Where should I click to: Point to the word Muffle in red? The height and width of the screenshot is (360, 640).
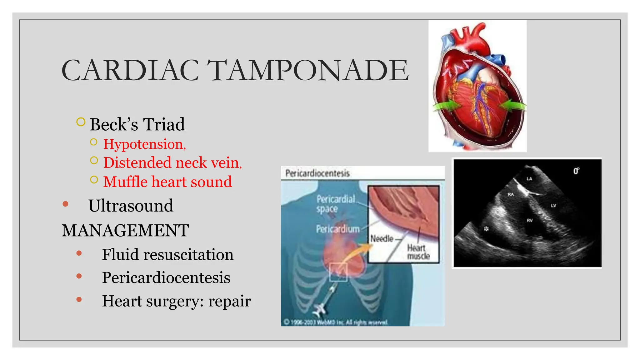pyautogui.click(x=125, y=182)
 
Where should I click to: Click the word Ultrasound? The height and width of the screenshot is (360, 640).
pyautogui.click(x=131, y=206)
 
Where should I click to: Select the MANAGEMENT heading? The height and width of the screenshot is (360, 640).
pyautogui.click(x=125, y=231)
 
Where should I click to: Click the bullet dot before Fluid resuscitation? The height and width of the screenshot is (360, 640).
pyautogui.click(x=79, y=253)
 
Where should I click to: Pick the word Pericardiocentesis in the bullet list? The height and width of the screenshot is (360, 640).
pyautogui.click(x=166, y=277)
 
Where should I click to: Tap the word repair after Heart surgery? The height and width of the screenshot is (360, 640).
pyautogui.click(x=230, y=301)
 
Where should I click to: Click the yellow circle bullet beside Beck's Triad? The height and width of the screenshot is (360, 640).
pyautogui.click(x=81, y=122)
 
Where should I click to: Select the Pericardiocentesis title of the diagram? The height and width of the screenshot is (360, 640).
pyautogui.click(x=317, y=173)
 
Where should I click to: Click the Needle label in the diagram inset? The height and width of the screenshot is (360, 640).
pyautogui.click(x=382, y=239)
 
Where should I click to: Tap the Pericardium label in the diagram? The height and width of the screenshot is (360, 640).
pyautogui.click(x=337, y=229)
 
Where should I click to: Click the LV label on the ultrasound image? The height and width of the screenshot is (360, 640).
pyautogui.click(x=553, y=206)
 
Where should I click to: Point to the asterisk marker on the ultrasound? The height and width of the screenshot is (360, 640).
pyautogui.click(x=486, y=229)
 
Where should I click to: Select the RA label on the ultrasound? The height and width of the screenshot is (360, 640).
pyautogui.click(x=511, y=194)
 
